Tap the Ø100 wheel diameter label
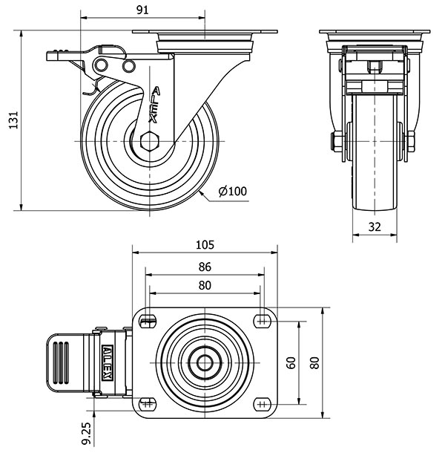coord(232,192)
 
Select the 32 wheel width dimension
coord(375,228)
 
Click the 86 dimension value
coord(205,267)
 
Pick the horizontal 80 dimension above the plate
coord(205,286)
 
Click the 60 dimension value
coord(291,363)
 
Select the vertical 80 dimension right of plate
coord(314,363)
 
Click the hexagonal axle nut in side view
coord(148,140)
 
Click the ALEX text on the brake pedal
coord(108,362)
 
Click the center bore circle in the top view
coord(205,362)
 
